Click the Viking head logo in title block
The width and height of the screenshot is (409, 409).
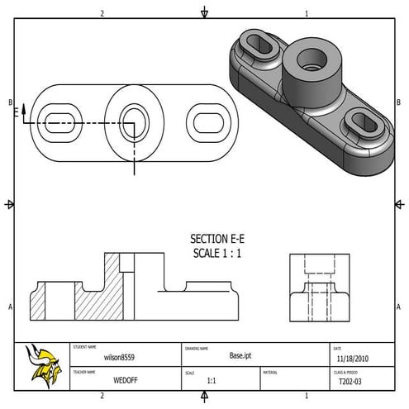pos(41,364)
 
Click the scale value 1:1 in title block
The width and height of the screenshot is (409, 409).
pos(212,382)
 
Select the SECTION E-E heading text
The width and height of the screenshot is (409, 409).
pos(217,238)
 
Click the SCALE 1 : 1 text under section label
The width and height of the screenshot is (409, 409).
pos(216,253)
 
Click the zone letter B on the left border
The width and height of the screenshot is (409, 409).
pos(10,102)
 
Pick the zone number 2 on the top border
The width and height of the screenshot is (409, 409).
pos(102,13)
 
